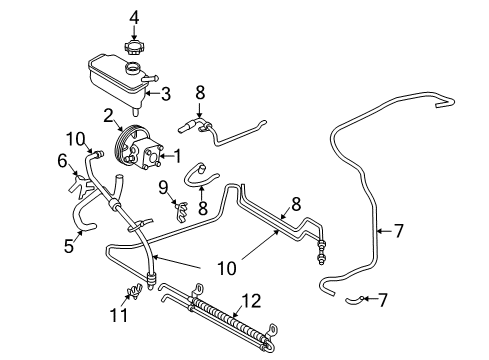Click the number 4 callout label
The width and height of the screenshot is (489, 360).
point(135,15)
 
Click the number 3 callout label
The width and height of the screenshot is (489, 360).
point(166,95)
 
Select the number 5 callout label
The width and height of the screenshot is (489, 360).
point(66,244)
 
